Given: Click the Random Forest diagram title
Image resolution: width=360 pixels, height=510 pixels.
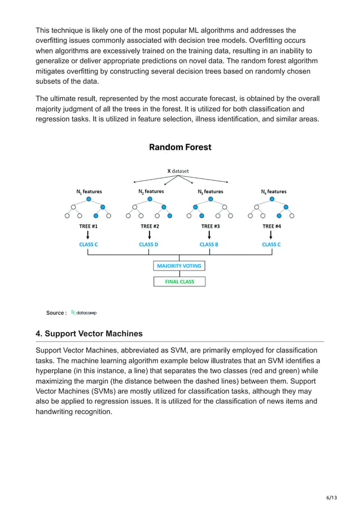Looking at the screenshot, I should point(180,147).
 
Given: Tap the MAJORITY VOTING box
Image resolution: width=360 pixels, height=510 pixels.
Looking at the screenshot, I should point(179,265).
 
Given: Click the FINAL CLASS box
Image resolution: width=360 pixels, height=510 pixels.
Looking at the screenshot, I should point(179,281).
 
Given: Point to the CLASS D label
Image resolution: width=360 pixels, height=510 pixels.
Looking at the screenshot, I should point(149,245).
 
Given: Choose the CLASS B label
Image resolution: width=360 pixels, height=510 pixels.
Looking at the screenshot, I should point(209,245).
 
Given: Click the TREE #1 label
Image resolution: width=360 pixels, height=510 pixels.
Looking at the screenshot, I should point(89,226).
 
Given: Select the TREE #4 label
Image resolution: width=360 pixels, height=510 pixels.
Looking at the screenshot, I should point(271,226).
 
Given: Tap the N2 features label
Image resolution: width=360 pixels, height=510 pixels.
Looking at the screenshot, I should point(151,191).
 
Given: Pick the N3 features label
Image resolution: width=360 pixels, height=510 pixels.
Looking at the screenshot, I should point(210,191).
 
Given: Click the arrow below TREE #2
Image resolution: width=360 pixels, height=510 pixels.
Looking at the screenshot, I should point(149,234).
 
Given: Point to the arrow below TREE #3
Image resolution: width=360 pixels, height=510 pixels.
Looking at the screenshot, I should point(210,234).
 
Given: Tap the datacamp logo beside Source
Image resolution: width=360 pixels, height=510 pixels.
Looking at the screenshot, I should point(84,312).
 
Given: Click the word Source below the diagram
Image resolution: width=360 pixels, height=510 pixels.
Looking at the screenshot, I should point(55,313).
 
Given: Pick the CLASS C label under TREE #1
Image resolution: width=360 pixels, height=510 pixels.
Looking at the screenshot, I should point(89,245).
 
